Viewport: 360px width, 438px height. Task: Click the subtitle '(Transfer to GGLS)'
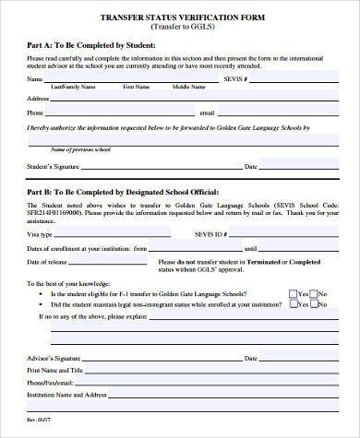180,28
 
